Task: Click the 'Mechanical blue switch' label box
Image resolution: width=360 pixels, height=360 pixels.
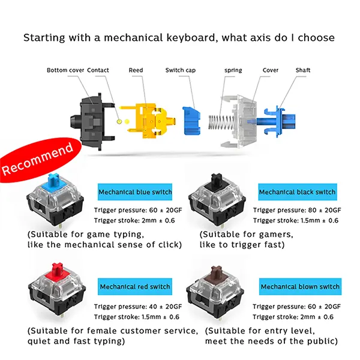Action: click(x=135, y=192)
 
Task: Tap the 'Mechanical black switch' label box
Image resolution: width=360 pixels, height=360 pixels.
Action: click(x=298, y=192)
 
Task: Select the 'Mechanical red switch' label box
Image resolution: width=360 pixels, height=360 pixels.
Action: click(x=135, y=287)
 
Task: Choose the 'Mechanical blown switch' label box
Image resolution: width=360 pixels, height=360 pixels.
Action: click(x=300, y=287)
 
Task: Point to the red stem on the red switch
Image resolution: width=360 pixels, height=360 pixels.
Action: click(x=58, y=269)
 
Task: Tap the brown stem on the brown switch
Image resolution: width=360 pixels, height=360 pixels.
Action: click(x=217, y=273)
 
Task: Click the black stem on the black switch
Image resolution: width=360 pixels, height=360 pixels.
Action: click(x=217, y=179)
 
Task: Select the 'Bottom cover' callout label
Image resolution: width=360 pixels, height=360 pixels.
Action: click(x=65, y=70)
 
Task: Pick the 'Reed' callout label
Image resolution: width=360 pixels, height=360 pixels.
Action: click(x=136, y=70)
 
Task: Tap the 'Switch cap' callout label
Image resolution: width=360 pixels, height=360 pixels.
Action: click(x=181, y=70)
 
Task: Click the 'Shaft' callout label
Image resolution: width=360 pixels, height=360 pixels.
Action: click(x=303, y=70)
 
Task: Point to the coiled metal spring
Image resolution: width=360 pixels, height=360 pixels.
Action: click(x=221, y=122)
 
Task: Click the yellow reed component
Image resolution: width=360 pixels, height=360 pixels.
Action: click(x=148, y=121)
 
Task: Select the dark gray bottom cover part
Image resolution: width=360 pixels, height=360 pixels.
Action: click(x=92, y=122)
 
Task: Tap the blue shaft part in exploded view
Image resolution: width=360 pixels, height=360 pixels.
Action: click(x=276, y=121)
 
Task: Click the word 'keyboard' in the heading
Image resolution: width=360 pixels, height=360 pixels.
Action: click(x=190, y=37)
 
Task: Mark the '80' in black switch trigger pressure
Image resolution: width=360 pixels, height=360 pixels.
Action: click(x=312, y=210)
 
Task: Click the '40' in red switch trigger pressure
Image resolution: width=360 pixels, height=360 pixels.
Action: click(x=153, y=307)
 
